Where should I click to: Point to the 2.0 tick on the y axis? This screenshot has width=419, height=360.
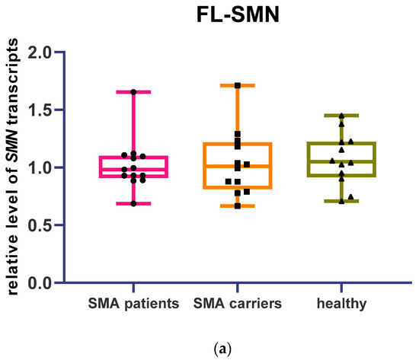[42, 53]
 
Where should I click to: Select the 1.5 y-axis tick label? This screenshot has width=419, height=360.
[42, 110]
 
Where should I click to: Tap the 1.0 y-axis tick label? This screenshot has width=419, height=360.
[42, 167]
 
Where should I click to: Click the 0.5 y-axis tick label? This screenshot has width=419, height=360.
[42, 225]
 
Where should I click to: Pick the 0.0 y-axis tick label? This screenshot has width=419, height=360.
[42, 282]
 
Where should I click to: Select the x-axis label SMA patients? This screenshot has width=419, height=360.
[133, 304]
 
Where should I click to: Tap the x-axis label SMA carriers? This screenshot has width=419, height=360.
[237, 304]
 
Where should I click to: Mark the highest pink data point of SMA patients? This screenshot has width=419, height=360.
[133, 92]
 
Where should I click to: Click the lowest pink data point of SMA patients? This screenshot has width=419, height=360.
[133, 203]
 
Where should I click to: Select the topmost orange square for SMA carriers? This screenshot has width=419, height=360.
[237, 85]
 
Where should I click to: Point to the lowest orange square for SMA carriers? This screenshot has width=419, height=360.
[237, 205]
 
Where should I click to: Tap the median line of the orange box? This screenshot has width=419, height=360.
[237, 166]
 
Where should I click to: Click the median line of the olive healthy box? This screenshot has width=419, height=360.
[341, 161]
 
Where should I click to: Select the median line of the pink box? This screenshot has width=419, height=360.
[133, 169]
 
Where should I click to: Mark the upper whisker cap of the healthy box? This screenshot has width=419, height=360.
[341, 116]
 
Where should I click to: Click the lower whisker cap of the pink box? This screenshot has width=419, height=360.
[133, 204]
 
